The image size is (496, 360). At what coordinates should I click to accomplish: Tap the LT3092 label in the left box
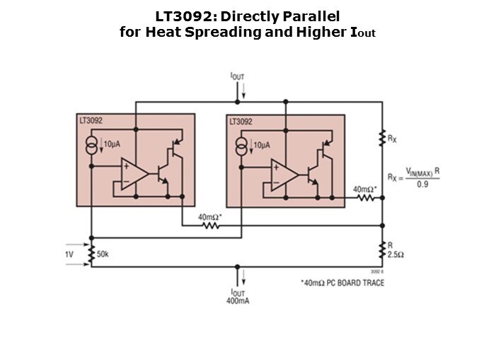(x=91, y=120)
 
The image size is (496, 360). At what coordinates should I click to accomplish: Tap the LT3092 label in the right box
(x=241, y=122)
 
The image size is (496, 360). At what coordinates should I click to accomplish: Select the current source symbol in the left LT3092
(x=92, y=146)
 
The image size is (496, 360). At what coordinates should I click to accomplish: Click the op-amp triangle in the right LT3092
(x=284, y=175)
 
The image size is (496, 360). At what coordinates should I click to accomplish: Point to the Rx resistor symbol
(x=383, y=138)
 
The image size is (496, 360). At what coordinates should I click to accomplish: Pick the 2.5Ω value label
(x=396, y=255)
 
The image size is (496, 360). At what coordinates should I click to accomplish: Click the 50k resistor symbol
(x=91, y=254)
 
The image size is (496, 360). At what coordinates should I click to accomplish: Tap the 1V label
(x=69, y=254)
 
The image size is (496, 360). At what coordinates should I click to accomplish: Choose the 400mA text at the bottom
(x=238, y=301)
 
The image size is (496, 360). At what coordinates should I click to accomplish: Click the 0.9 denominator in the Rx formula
(x=422, y=184)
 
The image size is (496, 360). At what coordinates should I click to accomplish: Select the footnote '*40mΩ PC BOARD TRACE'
(x=342, y=283)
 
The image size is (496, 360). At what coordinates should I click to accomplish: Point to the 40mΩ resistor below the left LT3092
(x=211, y=226)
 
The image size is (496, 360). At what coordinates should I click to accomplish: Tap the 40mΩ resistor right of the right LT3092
(x=366, y=198)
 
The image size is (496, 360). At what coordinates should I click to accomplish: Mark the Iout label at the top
(x=237, y=76)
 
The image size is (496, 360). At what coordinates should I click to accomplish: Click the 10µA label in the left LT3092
(x=112, y=144)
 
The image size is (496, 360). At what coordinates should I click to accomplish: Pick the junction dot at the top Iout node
(x=237, y=102)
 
